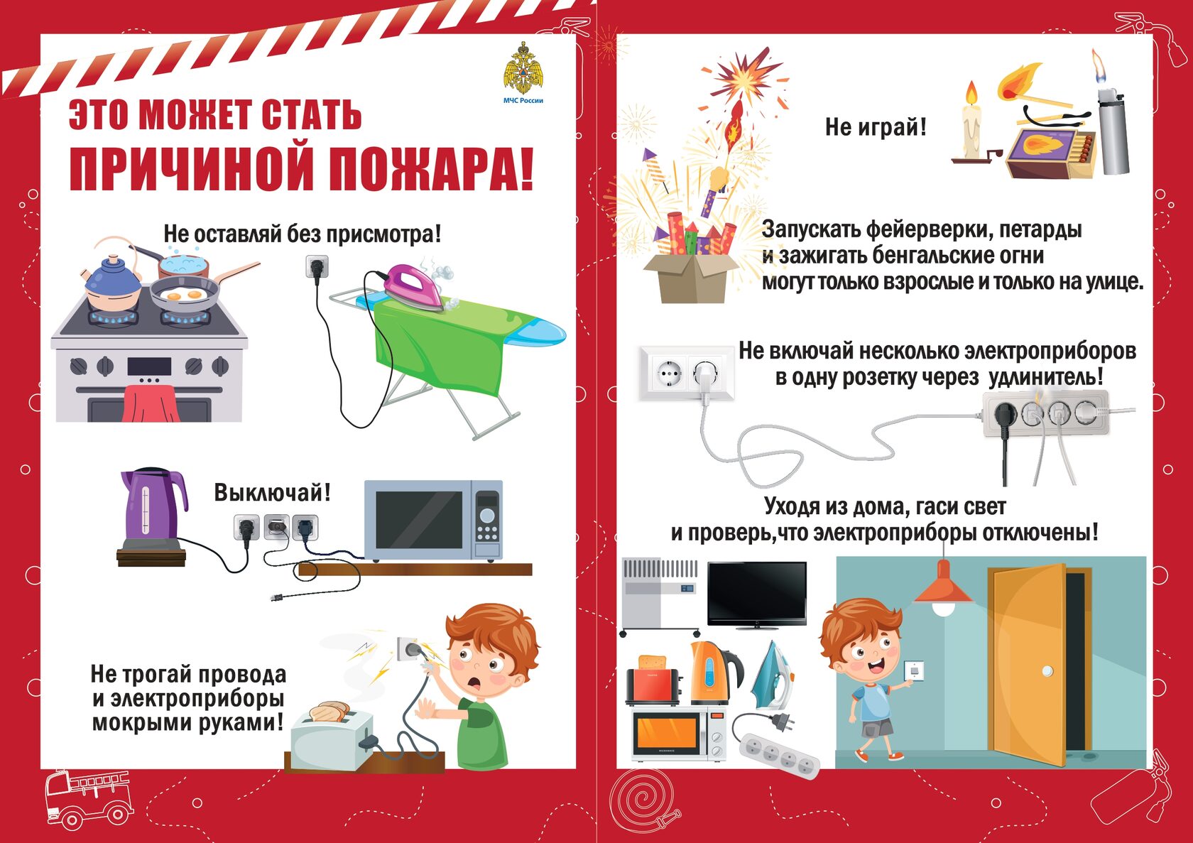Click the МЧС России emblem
pos(523,68)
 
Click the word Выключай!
pos(272,492)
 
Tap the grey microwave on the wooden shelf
pos(433,521)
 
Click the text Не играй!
pos(876,127)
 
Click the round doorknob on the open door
pos(1047,672)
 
